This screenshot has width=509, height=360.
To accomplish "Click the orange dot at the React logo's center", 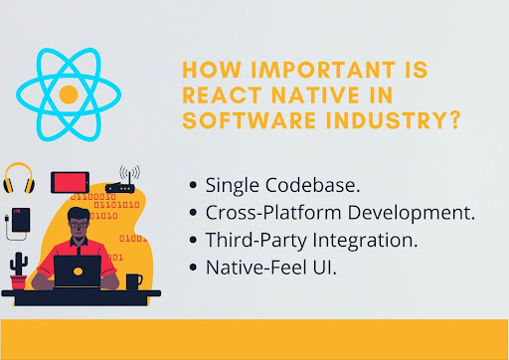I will click(x=69, y=95).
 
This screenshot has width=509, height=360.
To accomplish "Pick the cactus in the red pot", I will click(x=19, y=270).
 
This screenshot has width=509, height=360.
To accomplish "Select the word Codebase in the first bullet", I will click(x=308, y=185).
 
